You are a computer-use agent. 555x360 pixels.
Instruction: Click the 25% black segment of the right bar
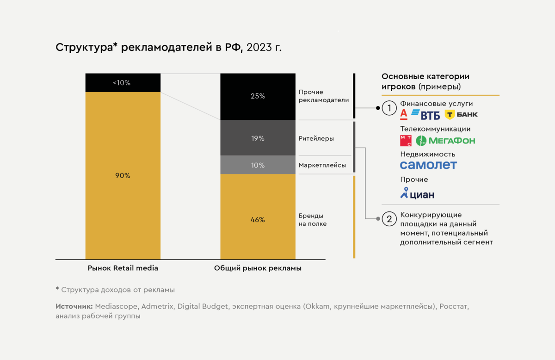(x=258, y=97)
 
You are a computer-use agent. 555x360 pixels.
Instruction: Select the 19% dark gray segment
(x=258, y=138)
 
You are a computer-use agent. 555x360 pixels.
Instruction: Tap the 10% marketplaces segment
(x=258, y=165)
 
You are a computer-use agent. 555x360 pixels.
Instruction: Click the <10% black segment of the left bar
(x=123, y=83)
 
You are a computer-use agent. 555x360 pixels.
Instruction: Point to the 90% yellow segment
(x=123, y=176)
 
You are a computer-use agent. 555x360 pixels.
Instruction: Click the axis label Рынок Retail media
(x=123, y=268)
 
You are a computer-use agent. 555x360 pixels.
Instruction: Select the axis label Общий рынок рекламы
(x=258, y=268)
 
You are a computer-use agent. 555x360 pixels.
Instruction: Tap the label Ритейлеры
(x=316, y=138)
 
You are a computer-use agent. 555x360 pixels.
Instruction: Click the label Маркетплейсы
(x=322, y=165)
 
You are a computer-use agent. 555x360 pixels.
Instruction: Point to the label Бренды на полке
(x=313, y=220)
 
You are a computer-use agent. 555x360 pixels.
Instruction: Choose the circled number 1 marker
(x=389, y=108)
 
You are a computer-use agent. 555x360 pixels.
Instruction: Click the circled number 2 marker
(x=389, y=219)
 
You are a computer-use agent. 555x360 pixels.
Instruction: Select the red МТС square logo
(x=406, y=141)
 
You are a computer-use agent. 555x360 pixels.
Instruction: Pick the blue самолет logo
(x=428, y=165)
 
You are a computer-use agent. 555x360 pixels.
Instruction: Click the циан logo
(x=417, y=193)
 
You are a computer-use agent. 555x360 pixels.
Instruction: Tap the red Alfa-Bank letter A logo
(x=404, y=114)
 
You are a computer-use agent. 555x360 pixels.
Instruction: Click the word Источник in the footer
(x=74, y=306)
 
